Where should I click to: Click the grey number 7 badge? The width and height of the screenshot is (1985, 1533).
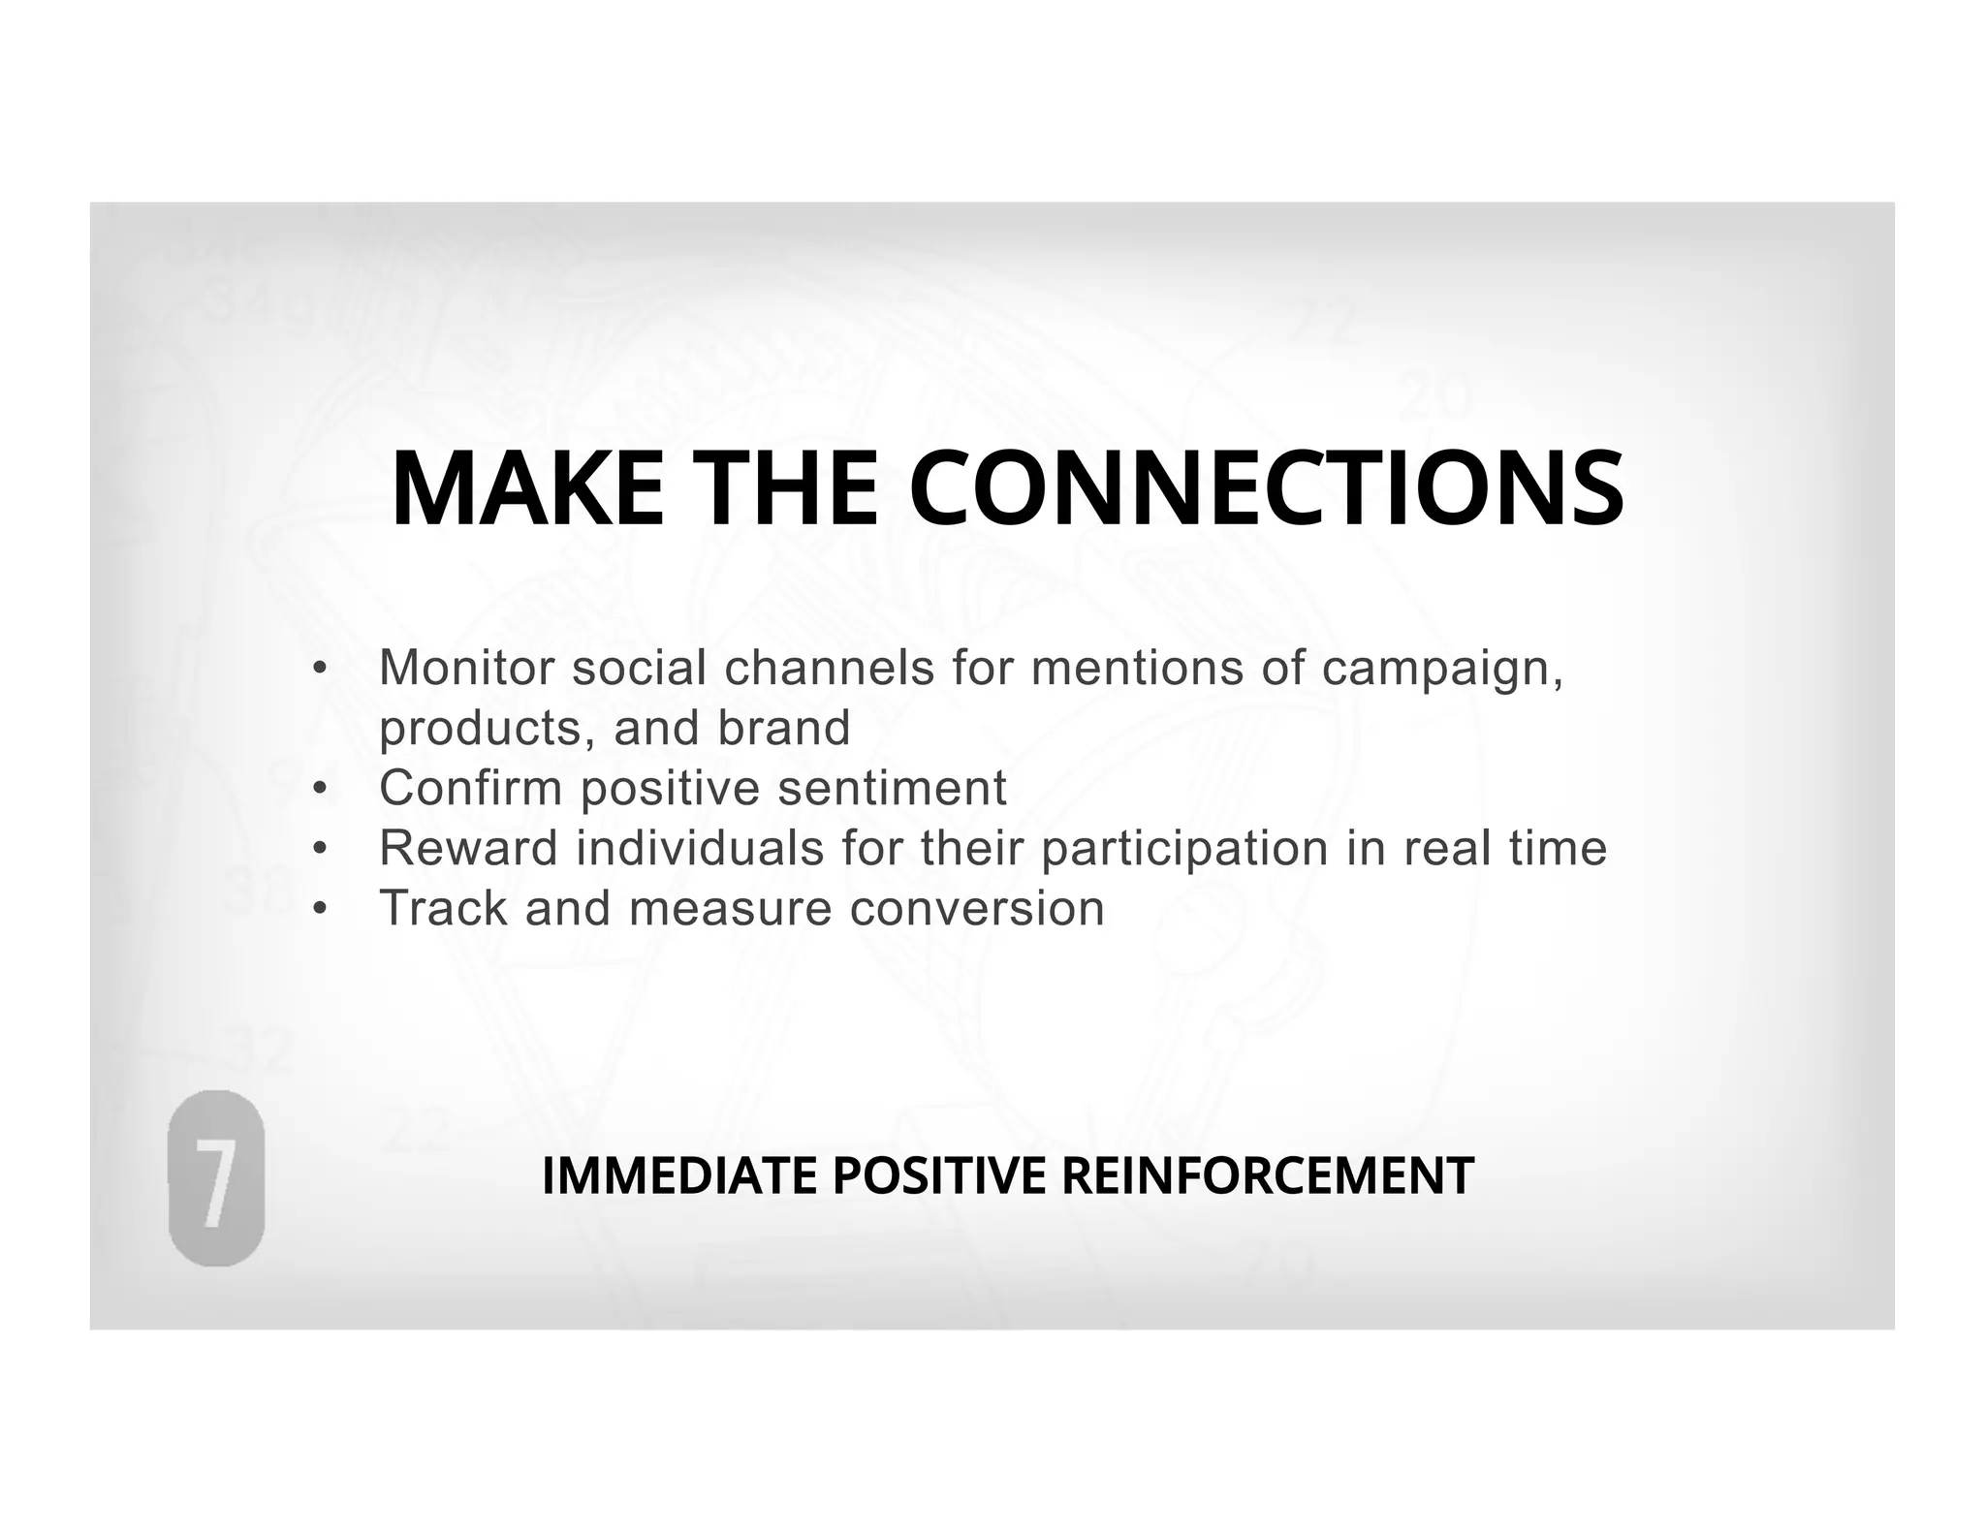pos(216,1178)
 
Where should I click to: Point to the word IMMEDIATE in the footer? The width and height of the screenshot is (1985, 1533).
pos(679,1176)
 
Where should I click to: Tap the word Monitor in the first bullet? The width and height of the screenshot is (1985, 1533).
pos(467,668)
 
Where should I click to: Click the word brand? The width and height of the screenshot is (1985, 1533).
pos(784,728)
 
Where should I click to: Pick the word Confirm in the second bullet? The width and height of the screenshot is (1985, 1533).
pos(471,788)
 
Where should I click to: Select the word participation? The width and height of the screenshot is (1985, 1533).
pos(1184,850)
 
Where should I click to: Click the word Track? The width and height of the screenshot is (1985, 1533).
pos(443,908)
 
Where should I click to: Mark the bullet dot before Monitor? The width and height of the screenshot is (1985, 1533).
pos(320,669)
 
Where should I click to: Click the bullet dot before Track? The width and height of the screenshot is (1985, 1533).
pos(320,909)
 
